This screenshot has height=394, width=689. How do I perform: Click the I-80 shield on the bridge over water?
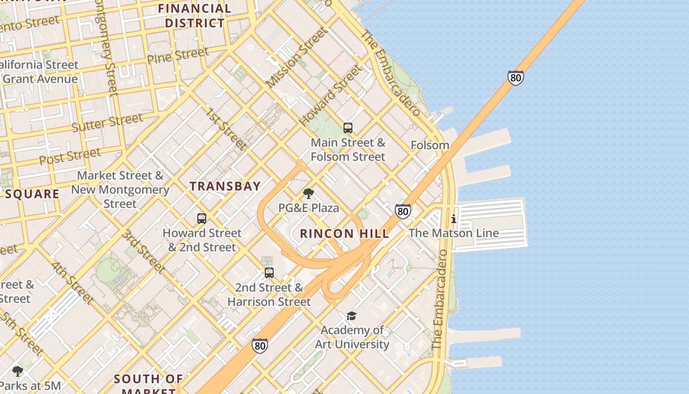coord(515,78)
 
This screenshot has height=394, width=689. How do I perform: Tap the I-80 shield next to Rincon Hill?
coord(403,211)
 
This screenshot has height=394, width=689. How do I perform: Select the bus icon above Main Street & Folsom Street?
coord(348,128)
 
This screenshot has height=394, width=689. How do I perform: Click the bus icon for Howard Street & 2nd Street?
coord(202,219)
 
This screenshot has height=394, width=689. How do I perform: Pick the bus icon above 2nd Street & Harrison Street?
coord(269,272)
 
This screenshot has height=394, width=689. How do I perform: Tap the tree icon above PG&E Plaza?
coord(309,194)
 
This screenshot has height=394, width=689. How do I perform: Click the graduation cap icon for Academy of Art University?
coord(351,316)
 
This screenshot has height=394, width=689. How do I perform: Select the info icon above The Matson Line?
coord(453,219)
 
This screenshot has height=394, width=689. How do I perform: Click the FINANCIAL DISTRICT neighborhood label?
coord(195,16)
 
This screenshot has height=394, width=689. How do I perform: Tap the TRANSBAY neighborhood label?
coord(225,186)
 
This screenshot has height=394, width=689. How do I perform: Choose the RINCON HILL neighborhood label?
coord(344,233)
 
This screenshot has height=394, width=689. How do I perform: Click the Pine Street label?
coord(178,55)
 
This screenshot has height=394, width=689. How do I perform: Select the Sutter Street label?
coord(107,123)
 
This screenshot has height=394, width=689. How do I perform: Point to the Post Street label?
coord(70,157)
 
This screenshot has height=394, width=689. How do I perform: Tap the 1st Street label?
coord(225,129)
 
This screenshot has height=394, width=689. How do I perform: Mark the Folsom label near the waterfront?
coord(430,145)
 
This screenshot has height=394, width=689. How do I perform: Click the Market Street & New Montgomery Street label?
coord(120,190)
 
